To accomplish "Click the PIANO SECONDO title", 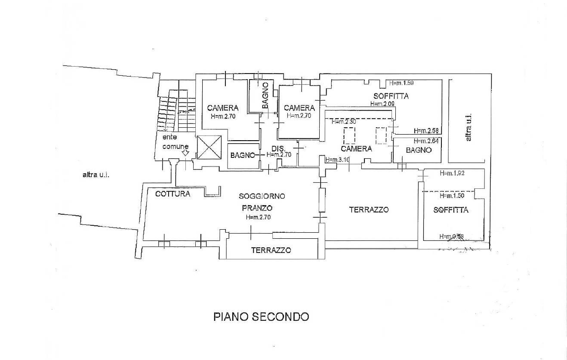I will click(x=261, y=317).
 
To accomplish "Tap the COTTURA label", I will click(x=173, y=194).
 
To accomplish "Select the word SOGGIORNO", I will click(x=262, y=196).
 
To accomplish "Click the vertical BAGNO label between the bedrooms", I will click(x=265, y=95).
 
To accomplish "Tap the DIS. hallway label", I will click(x=276, y=149).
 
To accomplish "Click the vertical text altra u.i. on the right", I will click(x=468, y=127).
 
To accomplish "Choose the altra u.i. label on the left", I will click(x=96, y=175).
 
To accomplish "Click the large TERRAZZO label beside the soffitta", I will click(x=369, y=210).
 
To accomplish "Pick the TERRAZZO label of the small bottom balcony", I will click(x=271, y=250).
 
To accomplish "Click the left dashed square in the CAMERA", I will click(x=349, y=136).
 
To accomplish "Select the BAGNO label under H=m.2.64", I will click(x=418, y=150).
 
